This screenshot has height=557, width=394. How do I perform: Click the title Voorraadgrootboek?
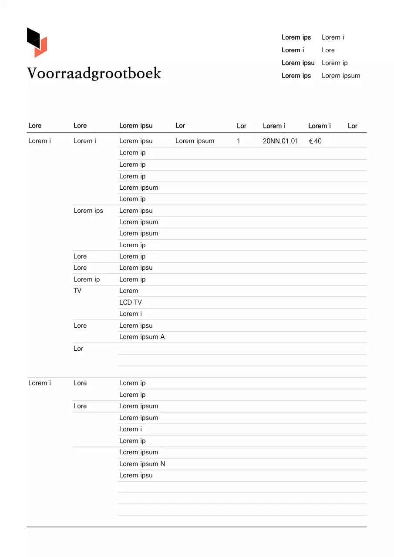point(94,74)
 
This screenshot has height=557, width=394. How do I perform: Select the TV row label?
point(77,291)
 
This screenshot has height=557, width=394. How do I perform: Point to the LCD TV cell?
point(131,302)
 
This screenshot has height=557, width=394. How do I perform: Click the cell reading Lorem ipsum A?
point(142,337)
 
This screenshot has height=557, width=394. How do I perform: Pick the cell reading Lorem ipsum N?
point(142,464)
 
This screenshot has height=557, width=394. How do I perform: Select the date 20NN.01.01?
point(280,141)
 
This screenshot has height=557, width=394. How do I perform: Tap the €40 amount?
point(315,141)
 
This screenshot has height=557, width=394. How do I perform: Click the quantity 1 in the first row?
point(239,141)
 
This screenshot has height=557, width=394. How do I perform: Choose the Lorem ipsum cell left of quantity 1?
point(195,141)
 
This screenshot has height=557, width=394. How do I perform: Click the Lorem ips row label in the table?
point(88,211)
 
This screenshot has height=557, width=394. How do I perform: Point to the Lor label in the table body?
point(78,349)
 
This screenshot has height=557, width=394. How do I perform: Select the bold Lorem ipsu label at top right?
point(298,63)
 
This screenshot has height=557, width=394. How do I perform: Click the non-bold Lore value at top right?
point(328,50)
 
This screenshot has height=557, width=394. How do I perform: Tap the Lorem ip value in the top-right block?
point(334,63)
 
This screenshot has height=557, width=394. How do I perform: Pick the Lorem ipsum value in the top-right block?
point(341,76)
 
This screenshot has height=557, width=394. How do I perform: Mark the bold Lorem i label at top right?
point(293,50)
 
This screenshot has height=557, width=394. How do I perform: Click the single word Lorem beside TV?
point(128,291)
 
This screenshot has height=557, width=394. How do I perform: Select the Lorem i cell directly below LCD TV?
point(131,314)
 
